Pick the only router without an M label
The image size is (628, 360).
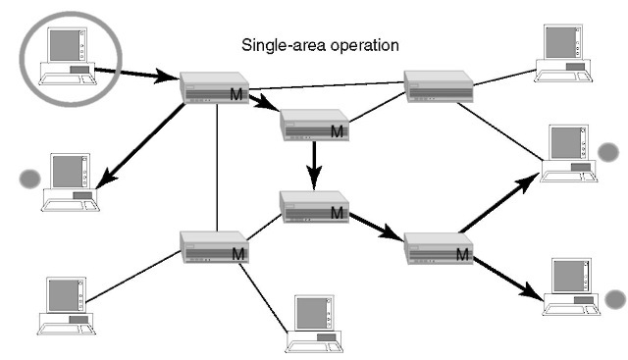(x=439, y=86)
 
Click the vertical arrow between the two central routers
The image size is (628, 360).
(x=313, y=164)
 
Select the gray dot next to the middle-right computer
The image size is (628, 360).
(x=608, y=152)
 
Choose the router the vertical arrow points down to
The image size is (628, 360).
(x=314, y=205)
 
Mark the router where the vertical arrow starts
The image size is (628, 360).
(x=314, y=125)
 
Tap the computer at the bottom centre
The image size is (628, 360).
(x=314, y=324)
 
